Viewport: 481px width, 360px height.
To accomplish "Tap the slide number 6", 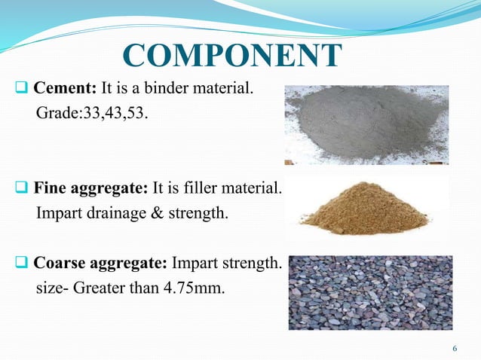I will click(455, 348).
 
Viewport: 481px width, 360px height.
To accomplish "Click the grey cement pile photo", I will click(366, 124).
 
